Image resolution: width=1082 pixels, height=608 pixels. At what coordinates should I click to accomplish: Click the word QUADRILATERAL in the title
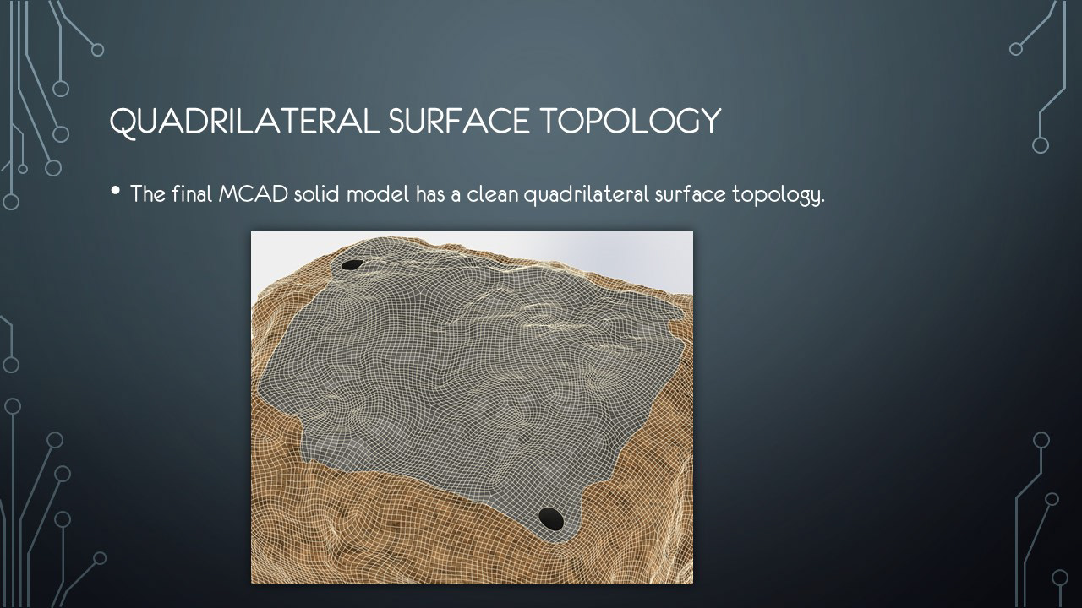244,122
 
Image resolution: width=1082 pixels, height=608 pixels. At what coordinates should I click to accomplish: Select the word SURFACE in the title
459,121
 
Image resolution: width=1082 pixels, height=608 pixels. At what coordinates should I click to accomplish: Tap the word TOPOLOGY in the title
631,121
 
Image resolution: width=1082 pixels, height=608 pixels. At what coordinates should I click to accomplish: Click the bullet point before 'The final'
115,191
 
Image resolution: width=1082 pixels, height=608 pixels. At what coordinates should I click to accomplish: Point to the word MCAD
253,194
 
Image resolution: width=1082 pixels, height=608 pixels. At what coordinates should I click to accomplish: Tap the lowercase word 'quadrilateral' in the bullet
587,195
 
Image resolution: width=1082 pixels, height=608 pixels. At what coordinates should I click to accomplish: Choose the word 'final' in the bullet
192,194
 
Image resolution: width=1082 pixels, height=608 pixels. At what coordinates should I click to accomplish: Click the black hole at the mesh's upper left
352,264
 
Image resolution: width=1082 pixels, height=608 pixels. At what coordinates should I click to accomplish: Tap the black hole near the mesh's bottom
550,518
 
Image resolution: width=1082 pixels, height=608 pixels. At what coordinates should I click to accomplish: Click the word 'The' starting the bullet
148,194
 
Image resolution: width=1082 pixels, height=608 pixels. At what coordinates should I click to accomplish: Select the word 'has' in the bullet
430,194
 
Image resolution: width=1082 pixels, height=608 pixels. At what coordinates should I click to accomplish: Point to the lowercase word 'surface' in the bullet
691,194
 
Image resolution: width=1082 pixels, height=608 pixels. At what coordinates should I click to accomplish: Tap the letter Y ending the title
711,121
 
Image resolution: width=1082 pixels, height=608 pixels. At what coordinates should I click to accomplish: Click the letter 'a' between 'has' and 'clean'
456,197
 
